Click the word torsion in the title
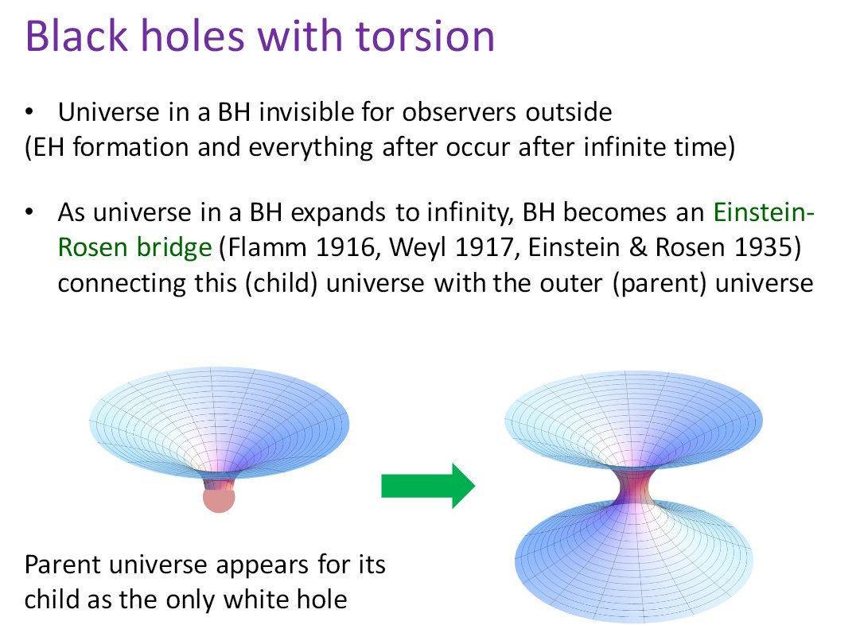pos(425,37)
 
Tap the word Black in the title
pos(76,36)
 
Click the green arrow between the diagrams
pos(428,486)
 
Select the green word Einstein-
pos(764,212)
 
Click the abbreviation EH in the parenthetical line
pos(49,148)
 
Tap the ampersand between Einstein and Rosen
pos(637,247)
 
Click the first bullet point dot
pos(29,112)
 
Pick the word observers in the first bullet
pos(460,112)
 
